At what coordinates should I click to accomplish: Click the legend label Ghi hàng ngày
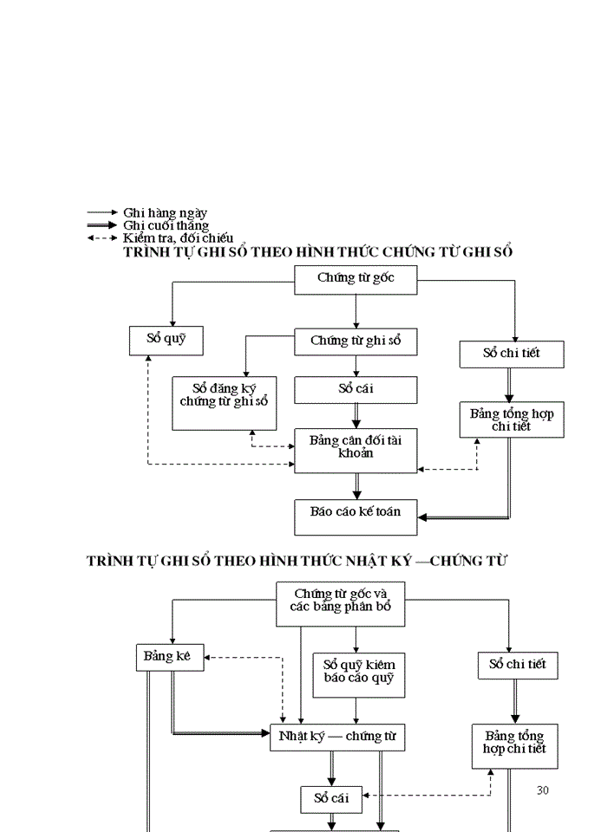click(165, 212)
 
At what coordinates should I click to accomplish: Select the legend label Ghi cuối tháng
click(166, 225)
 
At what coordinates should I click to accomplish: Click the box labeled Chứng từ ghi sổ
click(356, 341)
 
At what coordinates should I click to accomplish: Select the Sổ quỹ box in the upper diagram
click(166, 340)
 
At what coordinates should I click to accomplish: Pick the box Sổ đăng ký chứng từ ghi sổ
click(224, 403)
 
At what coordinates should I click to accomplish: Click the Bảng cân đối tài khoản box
click(356, 450)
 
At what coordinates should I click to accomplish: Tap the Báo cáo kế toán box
click(356, 517)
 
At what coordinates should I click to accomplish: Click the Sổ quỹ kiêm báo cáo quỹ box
click(358, 674)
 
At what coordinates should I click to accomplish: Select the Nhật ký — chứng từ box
click(337, 736)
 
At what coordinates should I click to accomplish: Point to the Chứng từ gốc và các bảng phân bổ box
click(341, 602)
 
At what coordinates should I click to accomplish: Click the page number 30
click(543, 790)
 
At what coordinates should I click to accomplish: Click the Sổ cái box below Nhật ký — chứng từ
click(331, 797)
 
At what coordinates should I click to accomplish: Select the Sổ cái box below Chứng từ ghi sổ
click(356, 389)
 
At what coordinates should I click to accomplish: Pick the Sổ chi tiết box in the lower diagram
click(517, 665)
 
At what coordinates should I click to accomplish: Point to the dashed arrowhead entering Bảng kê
click(209, 657)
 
